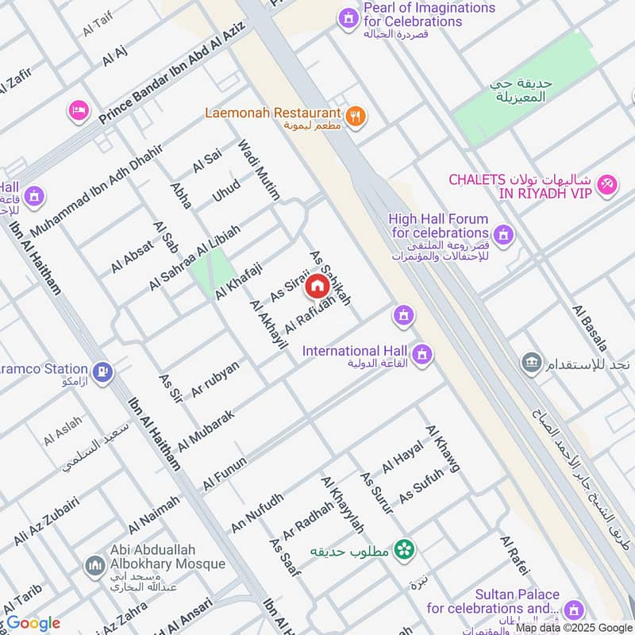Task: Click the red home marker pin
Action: pyautogui.click(x=317, y=287)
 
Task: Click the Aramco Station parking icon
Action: pyautogui.click(x=102, y=370)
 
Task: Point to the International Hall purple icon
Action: pyautogui.click(x=423, y=353)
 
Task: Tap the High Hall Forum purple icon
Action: pyautogui.click(x=502, y=234)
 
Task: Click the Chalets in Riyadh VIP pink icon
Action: pyautogui.click(x=608, y=183)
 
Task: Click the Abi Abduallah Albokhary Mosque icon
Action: pyautogui.click(x=94, y=566)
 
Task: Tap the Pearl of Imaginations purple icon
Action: pyautogui.click(x=347, y=17)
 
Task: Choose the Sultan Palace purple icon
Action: pyautogui.click(x=574, y=610)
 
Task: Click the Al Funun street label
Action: pyautogui.click(x=225, y=474)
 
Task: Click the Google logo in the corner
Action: pyautogui.click(x=33, y=623)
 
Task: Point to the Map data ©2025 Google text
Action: pyautogui.click(x=573, y=628)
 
